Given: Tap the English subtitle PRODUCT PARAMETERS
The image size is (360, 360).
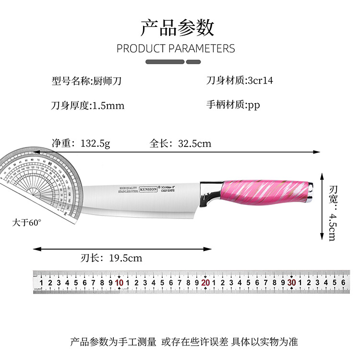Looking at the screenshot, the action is [x=176, y=48].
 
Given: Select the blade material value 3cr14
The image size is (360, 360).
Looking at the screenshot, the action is [x=260, y=81].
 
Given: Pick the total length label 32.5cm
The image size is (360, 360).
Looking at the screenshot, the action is [x=194, y=143].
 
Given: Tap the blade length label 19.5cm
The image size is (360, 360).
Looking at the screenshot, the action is [x=126, y=258].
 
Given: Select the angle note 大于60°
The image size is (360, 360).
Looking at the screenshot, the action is [x=27, y=223].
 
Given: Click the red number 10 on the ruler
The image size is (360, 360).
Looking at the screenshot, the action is [x=119, y=283].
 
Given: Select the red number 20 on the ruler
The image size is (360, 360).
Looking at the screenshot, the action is [x=205, y=283].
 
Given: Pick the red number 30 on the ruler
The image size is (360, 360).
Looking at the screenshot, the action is [x=291, y=283].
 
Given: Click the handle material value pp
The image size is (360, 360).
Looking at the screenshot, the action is [x=253, y=105].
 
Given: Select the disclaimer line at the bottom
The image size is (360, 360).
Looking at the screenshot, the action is [x=184, y=342].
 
